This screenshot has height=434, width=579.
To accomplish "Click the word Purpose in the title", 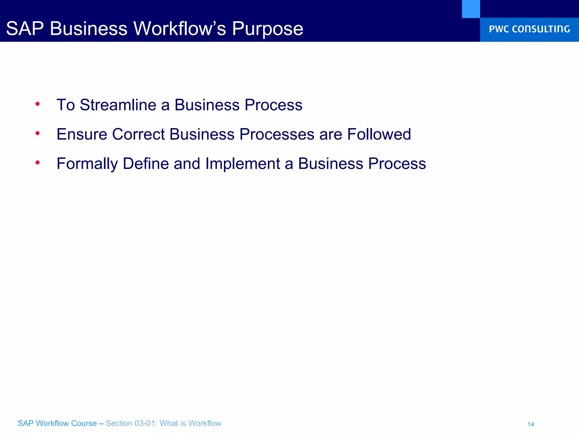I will [x=267, y=29].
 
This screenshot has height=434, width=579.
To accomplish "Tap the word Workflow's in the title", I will [x=180, y=29].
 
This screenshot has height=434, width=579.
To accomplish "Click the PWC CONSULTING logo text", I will [x=529, y=29].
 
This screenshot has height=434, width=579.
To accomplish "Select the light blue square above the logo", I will [x=471, y=9].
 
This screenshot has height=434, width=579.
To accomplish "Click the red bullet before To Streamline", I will [x=37, y=104].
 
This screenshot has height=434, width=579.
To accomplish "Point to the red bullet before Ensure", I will [x=37, y=133].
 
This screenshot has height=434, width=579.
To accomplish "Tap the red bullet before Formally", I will [x=37, y=162].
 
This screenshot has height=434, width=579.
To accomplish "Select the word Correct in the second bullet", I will [x=138, y=134].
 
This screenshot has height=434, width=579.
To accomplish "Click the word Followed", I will [x=379, y=134].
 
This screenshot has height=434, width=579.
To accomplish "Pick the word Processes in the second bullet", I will [x=276, y=134].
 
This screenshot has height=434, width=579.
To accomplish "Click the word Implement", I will [x=243, y=164].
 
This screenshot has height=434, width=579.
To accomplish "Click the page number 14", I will [x=530, y=424].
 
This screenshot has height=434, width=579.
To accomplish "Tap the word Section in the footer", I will [x=119, y=423].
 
